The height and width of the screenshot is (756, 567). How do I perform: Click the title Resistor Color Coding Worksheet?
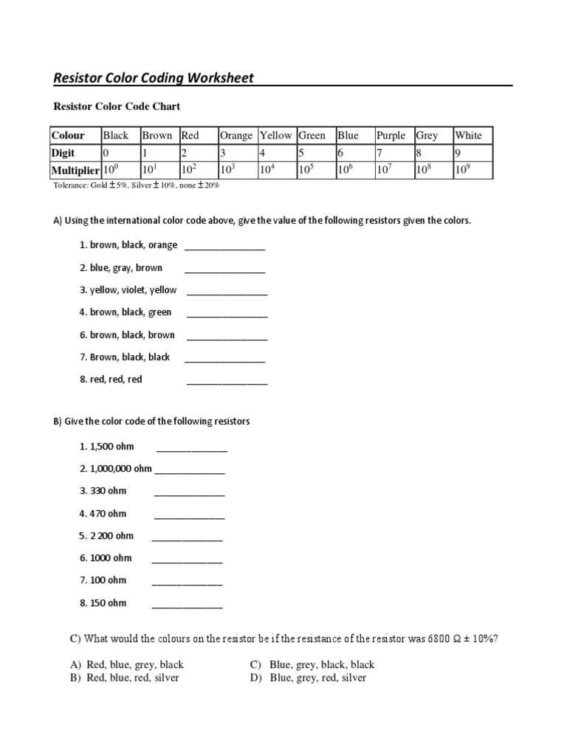[154, 78]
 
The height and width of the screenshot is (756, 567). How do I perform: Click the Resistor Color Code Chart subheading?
[116, 106]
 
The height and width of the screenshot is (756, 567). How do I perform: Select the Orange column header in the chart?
[236, 135]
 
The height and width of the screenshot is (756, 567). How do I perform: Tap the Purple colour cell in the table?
[391, 135]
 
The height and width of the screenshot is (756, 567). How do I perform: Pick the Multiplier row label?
[75, 170]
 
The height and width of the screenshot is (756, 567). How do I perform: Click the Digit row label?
[63, 153]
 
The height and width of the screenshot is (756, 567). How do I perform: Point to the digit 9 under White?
[458, 153]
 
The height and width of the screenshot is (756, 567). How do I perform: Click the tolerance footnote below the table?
[136, 185]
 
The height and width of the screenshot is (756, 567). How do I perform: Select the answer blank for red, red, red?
[227, 382]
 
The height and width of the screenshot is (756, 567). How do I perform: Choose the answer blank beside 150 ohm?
[187, 606]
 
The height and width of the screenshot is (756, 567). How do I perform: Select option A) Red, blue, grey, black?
[127, 664]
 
